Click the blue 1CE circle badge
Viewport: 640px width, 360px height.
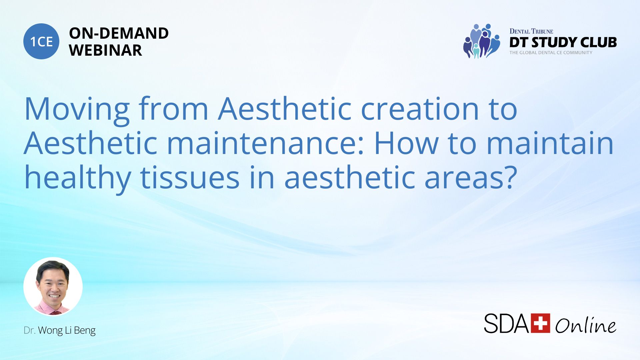pos(41,41)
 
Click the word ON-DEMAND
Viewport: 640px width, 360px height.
pos(119,33)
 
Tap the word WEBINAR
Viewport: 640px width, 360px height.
pos(105,50)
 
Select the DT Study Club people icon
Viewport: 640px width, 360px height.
pos(482,41)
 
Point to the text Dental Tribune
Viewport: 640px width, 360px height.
pos(531,31)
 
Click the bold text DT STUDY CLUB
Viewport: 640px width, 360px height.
pos(563,42)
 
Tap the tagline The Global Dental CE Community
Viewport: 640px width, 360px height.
pos(551,53)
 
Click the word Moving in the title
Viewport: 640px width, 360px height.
pos(77,110)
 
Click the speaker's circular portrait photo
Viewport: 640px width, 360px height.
pos(53,286)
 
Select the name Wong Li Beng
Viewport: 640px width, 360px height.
pos(67,330)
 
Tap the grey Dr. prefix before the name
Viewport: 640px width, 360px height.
pos(30,330)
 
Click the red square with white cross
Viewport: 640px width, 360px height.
pos(540,323)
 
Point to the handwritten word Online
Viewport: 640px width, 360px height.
pos(586,325)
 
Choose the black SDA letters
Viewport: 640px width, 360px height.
pos(507,323)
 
